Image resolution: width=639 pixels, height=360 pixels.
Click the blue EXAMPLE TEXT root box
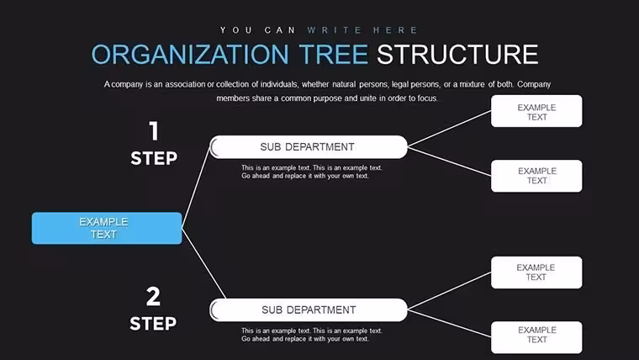(x=107, y=228)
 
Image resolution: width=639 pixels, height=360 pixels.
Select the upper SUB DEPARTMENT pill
(x=309, y=146)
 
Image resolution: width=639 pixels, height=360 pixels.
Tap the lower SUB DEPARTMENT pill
(x=309, y=310)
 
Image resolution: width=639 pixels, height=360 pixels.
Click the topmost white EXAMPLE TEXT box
(x=536, y=111)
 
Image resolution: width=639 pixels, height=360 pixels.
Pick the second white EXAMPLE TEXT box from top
(x=536, y=176)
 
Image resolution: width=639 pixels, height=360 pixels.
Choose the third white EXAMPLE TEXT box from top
(x=536, y=273)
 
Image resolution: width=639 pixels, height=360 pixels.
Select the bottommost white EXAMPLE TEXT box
(x=536, y=337)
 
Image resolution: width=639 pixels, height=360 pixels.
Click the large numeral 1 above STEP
(x=154, y=131)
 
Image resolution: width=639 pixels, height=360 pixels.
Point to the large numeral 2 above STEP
(x=153, y=296)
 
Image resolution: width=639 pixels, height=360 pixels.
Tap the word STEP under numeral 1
(x=154, y=158)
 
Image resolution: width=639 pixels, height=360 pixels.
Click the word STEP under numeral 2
(x=153, y=324)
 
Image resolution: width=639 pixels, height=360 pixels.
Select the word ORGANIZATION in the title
(x=190, y=54)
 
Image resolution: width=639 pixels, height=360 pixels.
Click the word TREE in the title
(x=333, y=54)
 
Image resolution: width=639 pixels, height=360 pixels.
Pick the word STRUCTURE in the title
(x=457, y=54)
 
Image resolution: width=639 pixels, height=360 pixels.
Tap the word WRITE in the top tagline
(x=335, y=30)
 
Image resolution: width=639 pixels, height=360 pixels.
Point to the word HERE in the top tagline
(x=395, y=30)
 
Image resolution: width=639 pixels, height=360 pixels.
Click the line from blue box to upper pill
(x=196, y=188)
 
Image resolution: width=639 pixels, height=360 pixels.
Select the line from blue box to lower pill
(x=203, y=263)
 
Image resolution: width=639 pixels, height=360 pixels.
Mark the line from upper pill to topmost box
(x=449, y=129)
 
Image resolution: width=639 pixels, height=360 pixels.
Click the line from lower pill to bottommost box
(x=449, y=323)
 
